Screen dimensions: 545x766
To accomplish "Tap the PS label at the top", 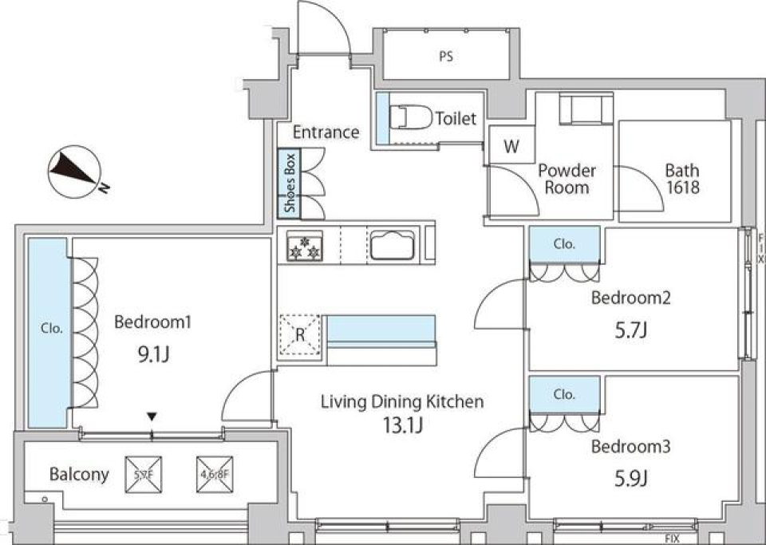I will click(445, 57).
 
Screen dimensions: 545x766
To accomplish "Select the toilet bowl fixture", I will click(411, 118).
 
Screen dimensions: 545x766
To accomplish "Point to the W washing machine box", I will click(511, 146).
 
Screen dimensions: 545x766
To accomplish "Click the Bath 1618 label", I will click(682, 179).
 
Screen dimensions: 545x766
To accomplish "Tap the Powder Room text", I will click(567, 179).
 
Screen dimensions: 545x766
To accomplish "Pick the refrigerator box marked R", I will click(300, 335).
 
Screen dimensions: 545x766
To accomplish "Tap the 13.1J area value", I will click(401, 425).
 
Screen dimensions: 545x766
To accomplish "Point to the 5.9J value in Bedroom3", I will click(630, 479).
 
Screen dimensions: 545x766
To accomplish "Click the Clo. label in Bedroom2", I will click(564, 245).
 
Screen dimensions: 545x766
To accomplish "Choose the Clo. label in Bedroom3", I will click(564, 394).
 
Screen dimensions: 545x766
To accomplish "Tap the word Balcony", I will click(79, 474).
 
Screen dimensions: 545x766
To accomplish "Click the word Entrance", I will click(326, 132).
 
